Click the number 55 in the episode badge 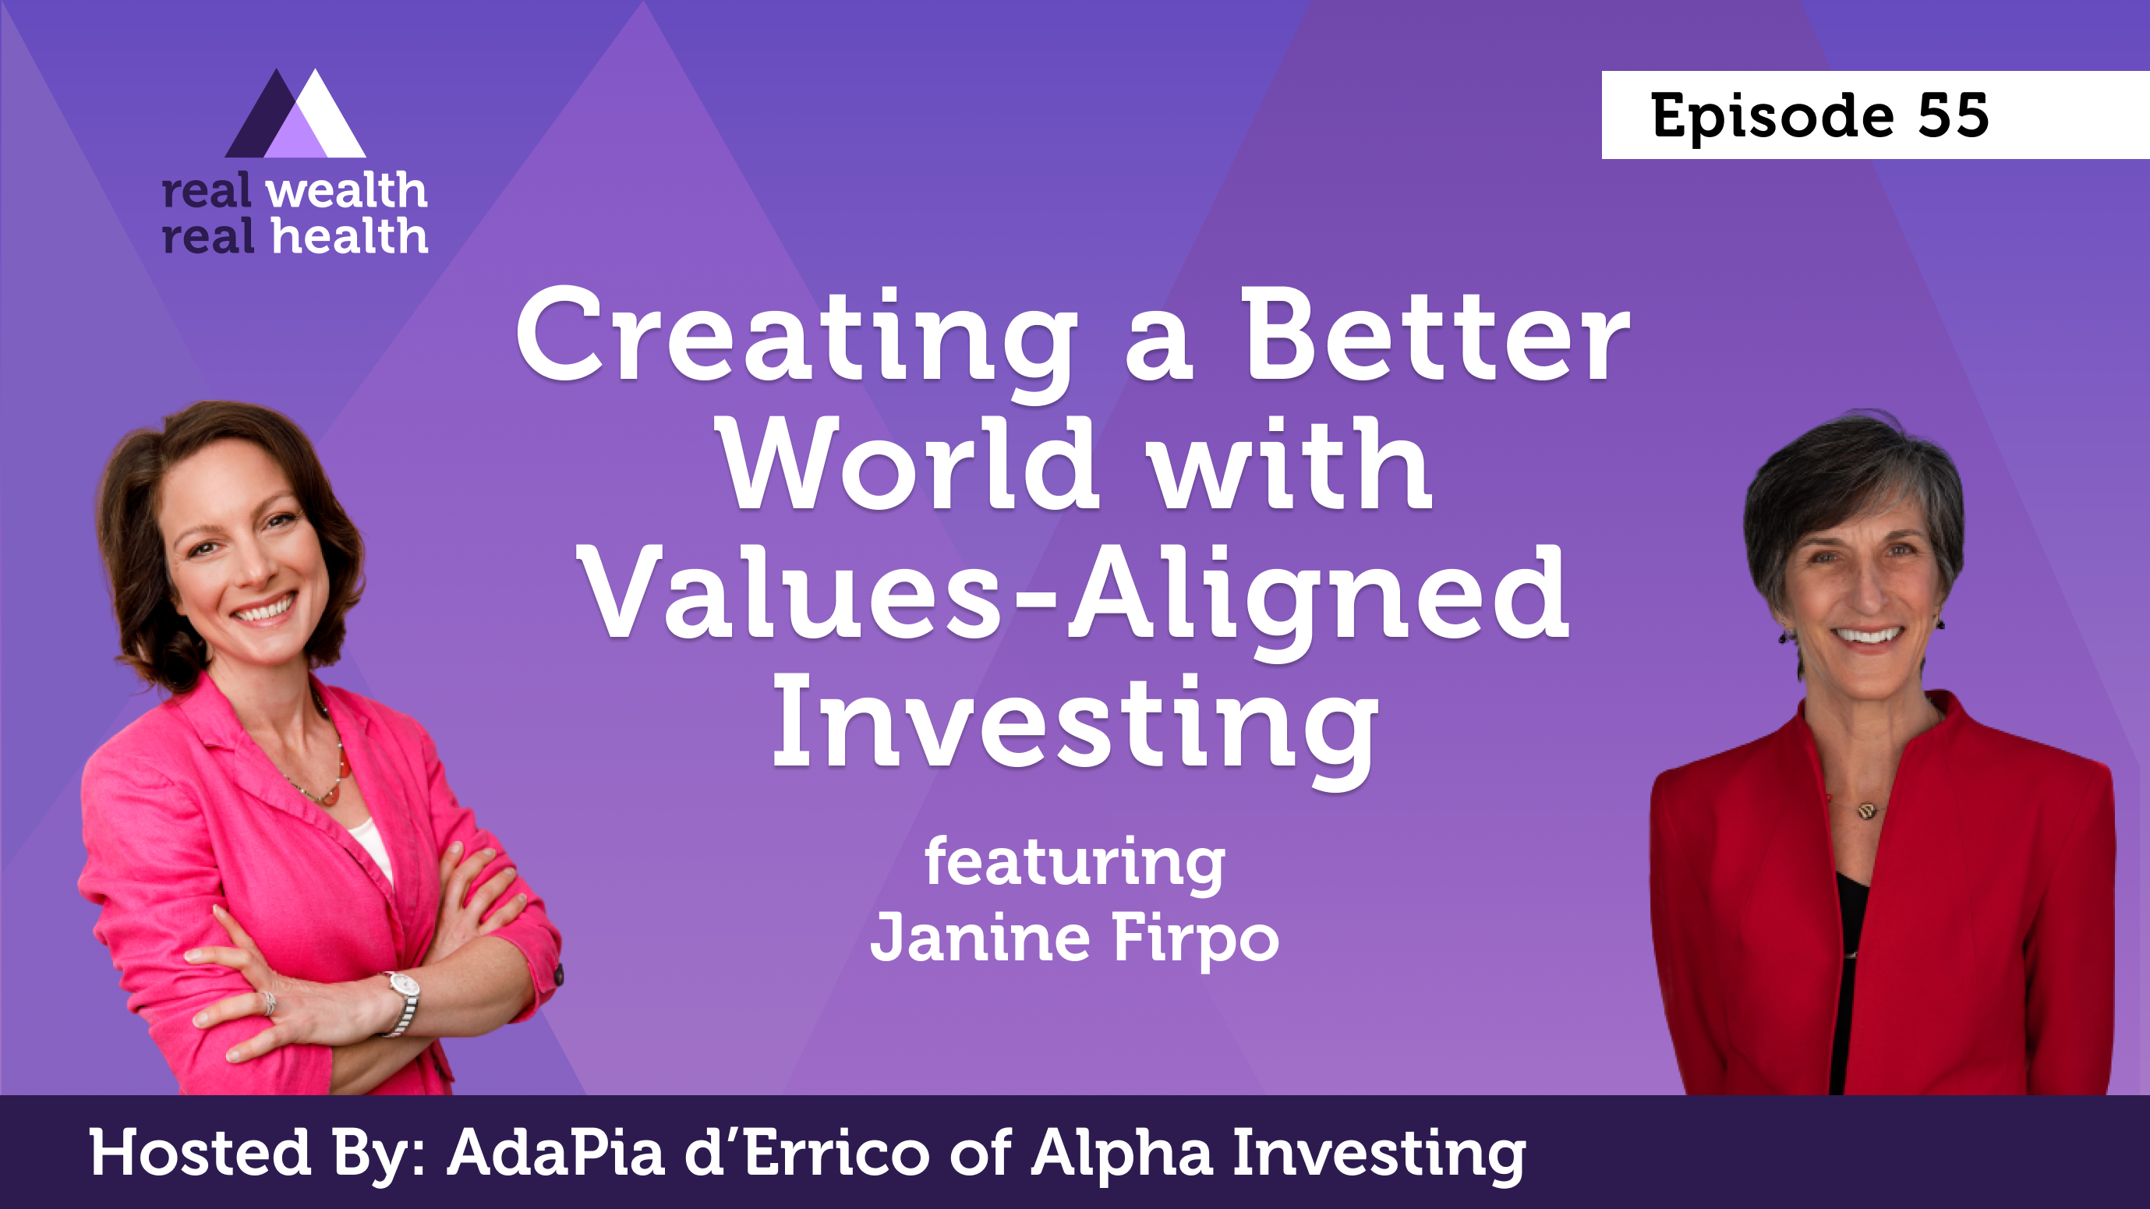(x=1953, y=115)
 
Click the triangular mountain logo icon (x=295, y=114)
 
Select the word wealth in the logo (x=346, y=191)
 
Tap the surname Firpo (x=1196, y=939)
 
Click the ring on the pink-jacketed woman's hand (x=269, y=1002)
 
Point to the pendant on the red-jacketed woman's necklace (x=1868, y=808)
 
